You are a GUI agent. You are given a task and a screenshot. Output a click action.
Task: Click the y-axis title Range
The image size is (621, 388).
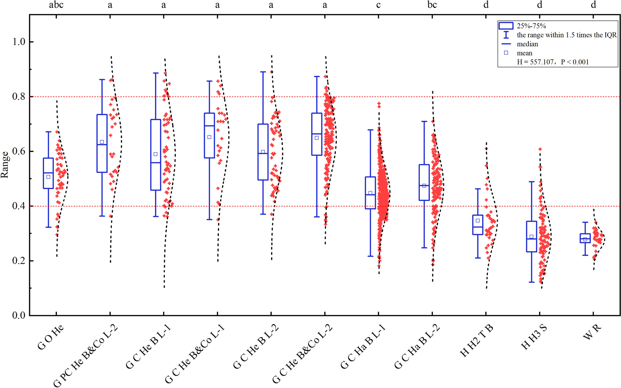5,165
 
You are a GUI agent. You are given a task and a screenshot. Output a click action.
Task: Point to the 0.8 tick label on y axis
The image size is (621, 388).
18,96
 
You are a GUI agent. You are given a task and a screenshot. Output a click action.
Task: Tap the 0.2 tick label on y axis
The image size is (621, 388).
18,260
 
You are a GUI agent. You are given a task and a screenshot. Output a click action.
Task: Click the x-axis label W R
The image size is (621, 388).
592,332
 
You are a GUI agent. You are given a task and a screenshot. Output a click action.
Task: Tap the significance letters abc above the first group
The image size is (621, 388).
56,5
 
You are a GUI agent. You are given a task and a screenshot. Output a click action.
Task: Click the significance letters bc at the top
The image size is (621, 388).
432,5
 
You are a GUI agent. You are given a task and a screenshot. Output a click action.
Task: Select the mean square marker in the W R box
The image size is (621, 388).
585,239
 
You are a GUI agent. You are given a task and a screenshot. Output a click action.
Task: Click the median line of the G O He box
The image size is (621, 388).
48,173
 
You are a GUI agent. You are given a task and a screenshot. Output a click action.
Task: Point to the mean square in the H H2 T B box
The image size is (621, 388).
478,221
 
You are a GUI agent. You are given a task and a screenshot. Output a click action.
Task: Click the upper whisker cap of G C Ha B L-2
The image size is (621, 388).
424,122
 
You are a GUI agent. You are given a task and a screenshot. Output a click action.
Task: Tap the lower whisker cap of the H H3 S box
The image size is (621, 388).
531,282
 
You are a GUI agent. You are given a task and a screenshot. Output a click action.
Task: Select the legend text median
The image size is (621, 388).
527,44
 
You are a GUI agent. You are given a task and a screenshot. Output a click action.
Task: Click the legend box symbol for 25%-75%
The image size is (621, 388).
506,26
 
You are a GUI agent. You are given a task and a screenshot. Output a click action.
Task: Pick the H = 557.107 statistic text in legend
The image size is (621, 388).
553,62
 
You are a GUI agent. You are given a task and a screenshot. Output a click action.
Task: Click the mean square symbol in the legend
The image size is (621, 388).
506,53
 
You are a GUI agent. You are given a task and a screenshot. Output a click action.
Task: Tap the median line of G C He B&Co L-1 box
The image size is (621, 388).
209,126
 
